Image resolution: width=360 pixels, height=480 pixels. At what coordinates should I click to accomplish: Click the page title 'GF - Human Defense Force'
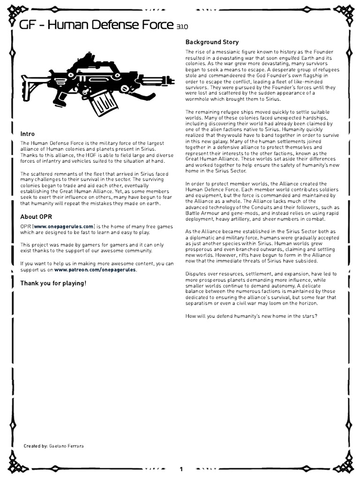click(96, 25)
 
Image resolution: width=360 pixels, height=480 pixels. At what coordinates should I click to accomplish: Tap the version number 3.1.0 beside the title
click(182, 28)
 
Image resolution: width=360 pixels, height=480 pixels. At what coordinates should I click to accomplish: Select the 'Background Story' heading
click(212, 42)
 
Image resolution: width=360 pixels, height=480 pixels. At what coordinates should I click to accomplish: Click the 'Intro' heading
click(27, 134)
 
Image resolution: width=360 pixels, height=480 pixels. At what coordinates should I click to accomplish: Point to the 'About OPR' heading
click(36, 217)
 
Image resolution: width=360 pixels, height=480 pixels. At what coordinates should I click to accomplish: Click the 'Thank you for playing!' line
click(53, 283)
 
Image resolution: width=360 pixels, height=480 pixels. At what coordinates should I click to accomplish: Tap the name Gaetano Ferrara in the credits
click(66, 446)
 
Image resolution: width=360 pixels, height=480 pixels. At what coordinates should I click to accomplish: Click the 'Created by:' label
click(36, 446)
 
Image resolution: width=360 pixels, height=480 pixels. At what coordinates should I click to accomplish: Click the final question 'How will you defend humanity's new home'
click(251, 315)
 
